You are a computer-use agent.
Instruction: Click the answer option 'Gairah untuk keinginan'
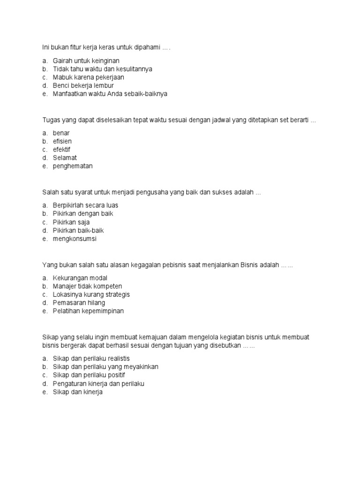[86, 60]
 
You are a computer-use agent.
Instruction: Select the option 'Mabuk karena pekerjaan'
[88, 77]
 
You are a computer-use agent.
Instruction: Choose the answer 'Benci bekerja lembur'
[83, 86]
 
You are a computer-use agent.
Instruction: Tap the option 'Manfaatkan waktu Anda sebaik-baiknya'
[110, 94]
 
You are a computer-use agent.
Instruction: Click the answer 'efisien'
[62, 141]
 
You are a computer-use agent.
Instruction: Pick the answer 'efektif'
[62, 150]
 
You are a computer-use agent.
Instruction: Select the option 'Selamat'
[65, 157]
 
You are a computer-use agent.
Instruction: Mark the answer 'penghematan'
[73, 166]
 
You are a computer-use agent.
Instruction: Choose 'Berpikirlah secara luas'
[85, 205]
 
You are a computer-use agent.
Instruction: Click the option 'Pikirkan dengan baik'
[83, 214]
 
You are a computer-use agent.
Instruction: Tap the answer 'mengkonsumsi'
[75, 239]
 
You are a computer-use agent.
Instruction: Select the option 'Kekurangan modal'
[80, 278]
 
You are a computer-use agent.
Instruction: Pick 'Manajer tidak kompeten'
[87, 286]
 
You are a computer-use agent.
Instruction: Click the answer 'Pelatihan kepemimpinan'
[88, 311]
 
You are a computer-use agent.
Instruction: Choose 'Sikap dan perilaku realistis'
[91, 359]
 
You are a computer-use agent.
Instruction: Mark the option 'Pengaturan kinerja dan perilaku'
[98, 383]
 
